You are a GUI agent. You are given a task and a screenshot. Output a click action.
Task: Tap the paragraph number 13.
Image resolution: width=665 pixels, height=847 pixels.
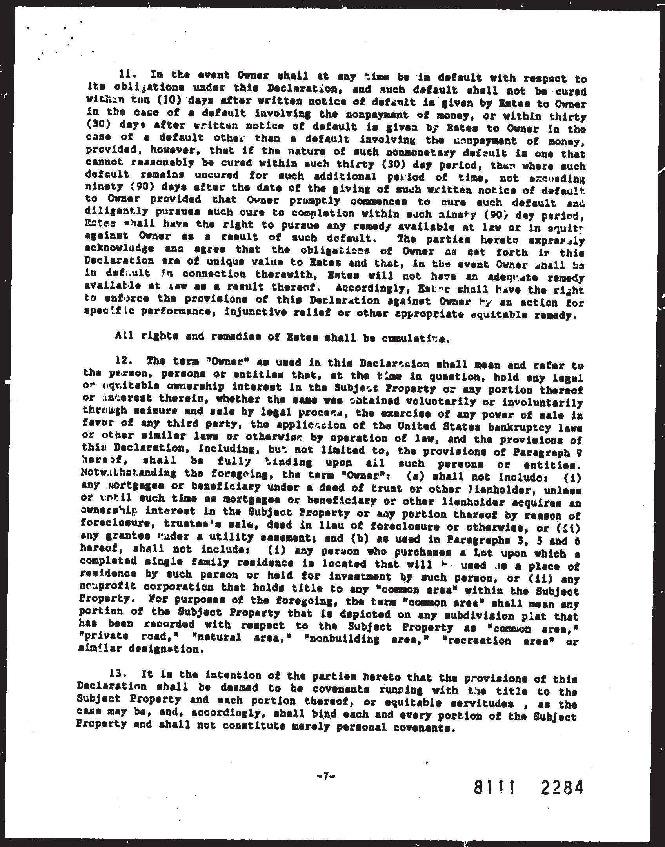[x=120, y=675]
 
